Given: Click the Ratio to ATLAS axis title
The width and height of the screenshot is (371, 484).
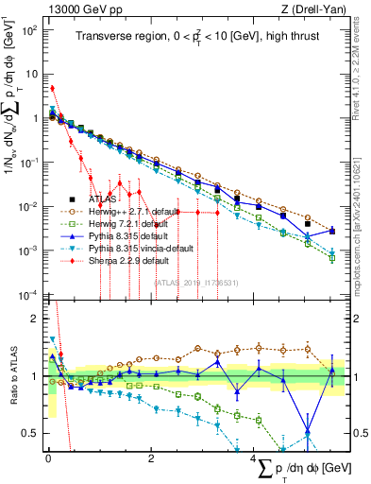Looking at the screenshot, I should click(x=12, y=378).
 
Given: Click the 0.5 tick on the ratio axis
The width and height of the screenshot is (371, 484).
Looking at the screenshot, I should click(x=34, y=433).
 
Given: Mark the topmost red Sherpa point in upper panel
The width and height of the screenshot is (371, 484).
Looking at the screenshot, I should click(x=52, y=89).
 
